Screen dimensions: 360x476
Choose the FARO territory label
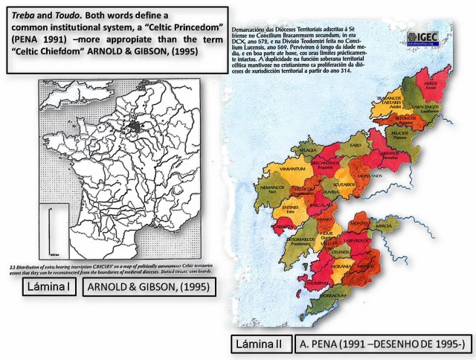pos(356,144)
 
